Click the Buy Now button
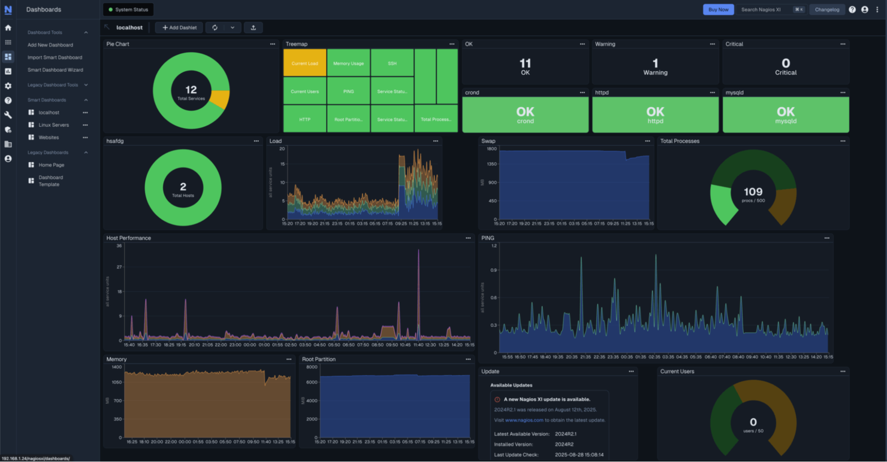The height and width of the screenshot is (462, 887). (x=718, y=10)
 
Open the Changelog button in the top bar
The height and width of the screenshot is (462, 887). (x=826, y=10)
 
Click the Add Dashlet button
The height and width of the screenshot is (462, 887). (x=179, y=28)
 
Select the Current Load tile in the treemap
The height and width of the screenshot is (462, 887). (x=304, y=63)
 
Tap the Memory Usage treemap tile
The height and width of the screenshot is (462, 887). (x=348, y=63)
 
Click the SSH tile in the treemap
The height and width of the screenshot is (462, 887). (x=392, y=63)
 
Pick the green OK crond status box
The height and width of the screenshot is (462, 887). (x=525, y=114)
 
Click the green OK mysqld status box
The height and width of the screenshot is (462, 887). (x=785, y=114)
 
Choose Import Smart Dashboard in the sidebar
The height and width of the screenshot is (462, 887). (x=55, y=57)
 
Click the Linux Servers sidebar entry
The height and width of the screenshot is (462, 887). (x=53, y=125)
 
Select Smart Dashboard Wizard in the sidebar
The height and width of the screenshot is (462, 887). (x=55, y=70)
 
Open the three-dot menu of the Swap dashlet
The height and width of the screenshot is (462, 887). (x=647, y=141)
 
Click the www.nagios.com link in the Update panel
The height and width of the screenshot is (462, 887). (x=524, y=420)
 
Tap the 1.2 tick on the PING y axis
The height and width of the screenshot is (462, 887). (x=494, y=246)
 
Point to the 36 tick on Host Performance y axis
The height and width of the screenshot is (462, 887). (x=119, y=246)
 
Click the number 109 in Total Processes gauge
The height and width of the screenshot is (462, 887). (x=753, y=192)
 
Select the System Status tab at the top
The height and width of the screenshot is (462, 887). (x=128, y=10)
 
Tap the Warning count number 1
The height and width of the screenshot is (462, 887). (x=655, y=63)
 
